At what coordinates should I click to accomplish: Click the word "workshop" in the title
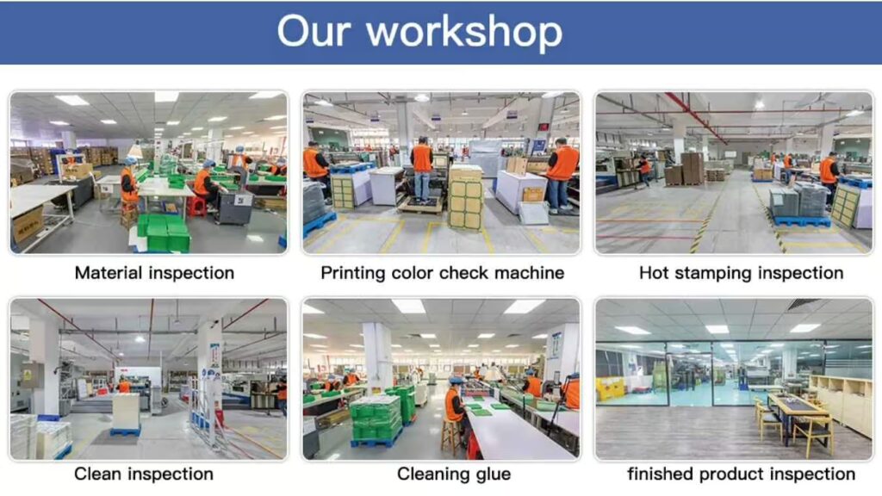tap(464, 32)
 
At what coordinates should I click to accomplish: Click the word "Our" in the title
tap(313, 32)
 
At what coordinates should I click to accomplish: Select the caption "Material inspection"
tap(154, 273)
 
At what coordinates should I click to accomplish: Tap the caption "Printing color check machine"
tap(442, 273)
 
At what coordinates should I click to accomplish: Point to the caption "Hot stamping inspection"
tap(741, 273)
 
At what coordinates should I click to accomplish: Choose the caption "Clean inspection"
tap(143, 474)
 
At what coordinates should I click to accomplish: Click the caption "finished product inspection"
tap(741, 474)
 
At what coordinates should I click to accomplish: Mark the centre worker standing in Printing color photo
tap(421, 168)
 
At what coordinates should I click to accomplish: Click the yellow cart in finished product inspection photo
tap(609, 388)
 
